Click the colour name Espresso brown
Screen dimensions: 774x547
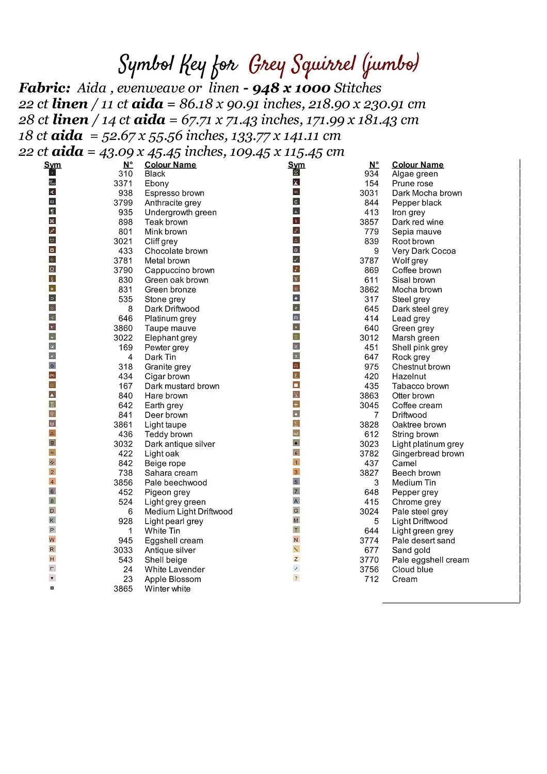[174, 193]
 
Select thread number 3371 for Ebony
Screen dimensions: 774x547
[123, 183]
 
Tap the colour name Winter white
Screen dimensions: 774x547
[167, 589]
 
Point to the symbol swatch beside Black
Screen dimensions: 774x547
[52, 173]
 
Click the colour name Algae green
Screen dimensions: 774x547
[414, 174]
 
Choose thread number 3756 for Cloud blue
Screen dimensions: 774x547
[369, 569]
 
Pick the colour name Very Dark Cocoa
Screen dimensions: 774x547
[424, 251]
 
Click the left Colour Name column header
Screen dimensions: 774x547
[170, 165]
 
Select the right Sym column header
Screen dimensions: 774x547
[296, 165]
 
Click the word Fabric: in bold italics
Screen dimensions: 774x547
[44, 88]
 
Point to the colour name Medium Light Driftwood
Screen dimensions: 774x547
[188, 511]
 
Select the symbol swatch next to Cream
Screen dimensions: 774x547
[296, 578]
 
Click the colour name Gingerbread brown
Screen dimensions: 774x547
[428, 454]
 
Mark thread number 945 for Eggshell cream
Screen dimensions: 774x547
[125, 540]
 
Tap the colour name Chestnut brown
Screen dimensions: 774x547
[421, 366]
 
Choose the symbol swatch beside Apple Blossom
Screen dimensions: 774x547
[52, 578]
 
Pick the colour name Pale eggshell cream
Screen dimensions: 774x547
[430, 560]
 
